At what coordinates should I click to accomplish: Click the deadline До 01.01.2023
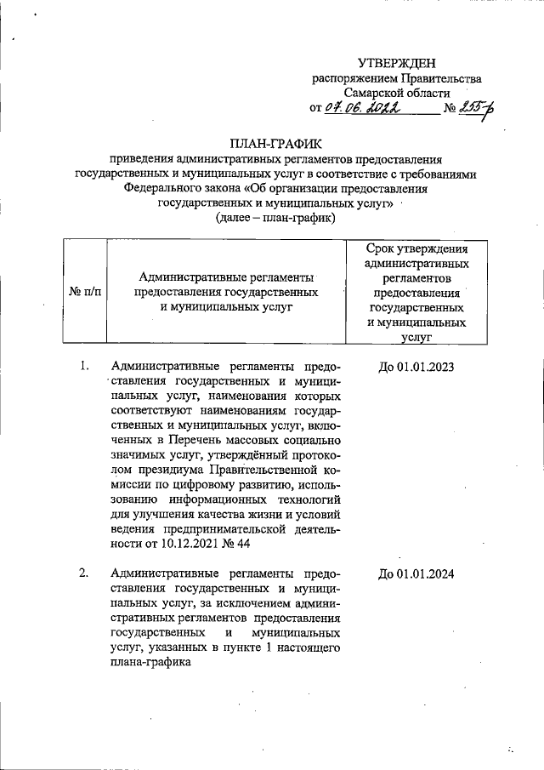click(416, 366)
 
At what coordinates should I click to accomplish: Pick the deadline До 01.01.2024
click(416, 573)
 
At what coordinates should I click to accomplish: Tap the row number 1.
click(84, 366)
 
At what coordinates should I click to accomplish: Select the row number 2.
click(84, 573)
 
